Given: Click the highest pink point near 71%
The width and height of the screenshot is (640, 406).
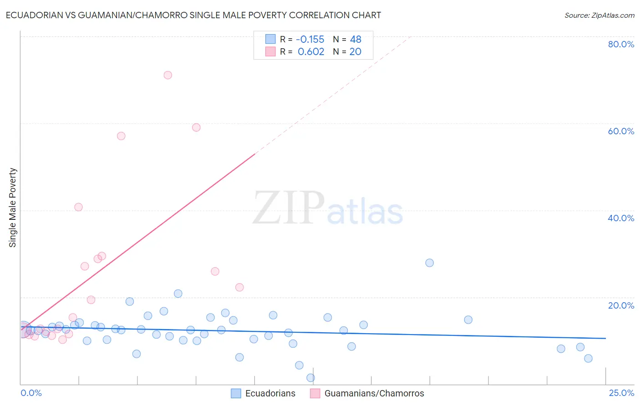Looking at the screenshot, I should point(168,75).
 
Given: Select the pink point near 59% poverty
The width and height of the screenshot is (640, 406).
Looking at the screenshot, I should point(196,127).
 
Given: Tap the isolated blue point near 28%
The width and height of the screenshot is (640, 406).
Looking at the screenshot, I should point(429,263).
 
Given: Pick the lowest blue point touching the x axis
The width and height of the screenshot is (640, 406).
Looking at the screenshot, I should point(310,378).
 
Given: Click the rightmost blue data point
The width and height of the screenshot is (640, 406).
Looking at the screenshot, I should point(588,358).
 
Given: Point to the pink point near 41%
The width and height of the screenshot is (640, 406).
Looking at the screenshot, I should point(78,207).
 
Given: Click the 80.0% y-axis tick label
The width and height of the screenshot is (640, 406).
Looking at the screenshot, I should point(621,44).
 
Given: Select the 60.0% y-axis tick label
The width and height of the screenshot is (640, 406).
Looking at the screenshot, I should point(621,131).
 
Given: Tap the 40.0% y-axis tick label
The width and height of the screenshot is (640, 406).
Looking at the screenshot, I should point(621,218).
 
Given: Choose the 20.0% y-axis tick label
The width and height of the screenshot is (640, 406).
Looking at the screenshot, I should point(621,305).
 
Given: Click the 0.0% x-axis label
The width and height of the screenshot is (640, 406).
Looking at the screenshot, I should point(31,393).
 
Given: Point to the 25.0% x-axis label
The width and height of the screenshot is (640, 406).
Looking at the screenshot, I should point(621,393).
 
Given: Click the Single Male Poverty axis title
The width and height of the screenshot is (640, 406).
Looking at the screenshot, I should point(13,208).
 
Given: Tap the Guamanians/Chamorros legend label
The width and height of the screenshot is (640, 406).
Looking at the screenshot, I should point(374,393).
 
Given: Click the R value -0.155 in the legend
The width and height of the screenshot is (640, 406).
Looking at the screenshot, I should point(310,40).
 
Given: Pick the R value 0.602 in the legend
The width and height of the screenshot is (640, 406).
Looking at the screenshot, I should point(311,52).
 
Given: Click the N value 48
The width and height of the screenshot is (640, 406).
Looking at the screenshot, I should point(356,40).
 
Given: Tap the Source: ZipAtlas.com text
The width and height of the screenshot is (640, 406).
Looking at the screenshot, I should point(599,15).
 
